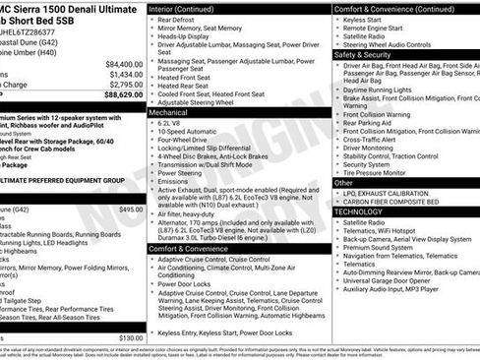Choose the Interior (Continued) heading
point(189,8)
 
